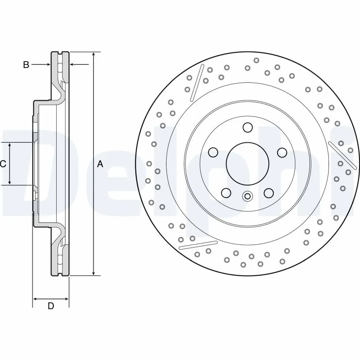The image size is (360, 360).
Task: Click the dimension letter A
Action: [x=100, y=164]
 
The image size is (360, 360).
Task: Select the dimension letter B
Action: [x=26, y=65]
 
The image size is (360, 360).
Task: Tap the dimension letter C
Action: [x=3, y=164]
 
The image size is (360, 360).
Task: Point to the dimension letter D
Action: [x=51, y=306]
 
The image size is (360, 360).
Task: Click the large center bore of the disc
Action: [x=247, y=163]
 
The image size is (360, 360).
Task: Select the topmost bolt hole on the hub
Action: [x=247, y=127]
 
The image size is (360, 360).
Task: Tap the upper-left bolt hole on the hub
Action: [x=213, y=153]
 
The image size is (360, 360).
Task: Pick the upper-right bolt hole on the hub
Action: [x=282, y=153]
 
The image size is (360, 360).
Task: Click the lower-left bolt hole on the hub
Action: [x=226, y=193]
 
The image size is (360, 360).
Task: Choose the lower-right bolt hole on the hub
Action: [x=269, y=193]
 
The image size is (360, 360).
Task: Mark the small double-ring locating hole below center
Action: [x=247, y=196]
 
